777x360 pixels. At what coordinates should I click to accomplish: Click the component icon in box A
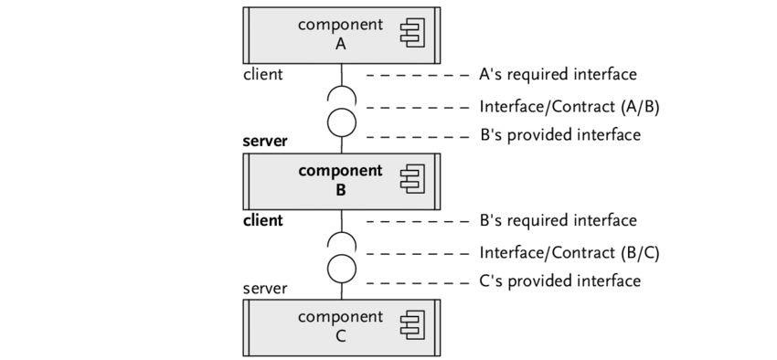pos(413,33)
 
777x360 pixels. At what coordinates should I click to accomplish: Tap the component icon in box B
pos(413,179)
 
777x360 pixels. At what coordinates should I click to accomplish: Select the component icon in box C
pos(413,325)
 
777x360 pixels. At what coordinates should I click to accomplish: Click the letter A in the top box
pos(340,45)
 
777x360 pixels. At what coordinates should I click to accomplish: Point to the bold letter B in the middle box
pos(340,190)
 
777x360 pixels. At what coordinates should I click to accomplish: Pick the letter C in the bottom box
pos(340,336)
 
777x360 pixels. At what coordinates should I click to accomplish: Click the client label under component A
pos(262,74)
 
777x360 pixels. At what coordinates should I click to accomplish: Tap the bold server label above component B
pos(264,141)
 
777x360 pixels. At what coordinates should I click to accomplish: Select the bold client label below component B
pos(262,220)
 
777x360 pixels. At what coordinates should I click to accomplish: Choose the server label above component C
pos(264,288)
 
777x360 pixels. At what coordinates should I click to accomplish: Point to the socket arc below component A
pos(342,86)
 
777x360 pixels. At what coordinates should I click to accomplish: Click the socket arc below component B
pos(342,233)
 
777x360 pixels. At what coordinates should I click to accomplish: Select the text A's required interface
pos(558,74)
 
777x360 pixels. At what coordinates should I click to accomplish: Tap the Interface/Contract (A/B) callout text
pos(569,107)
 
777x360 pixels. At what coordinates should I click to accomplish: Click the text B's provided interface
pos(560,134)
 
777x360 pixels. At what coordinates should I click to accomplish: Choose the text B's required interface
pos(559,220)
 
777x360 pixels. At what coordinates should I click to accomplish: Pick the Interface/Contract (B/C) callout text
pos(569,253)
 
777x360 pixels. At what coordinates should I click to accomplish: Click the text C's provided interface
pos(560,281)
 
